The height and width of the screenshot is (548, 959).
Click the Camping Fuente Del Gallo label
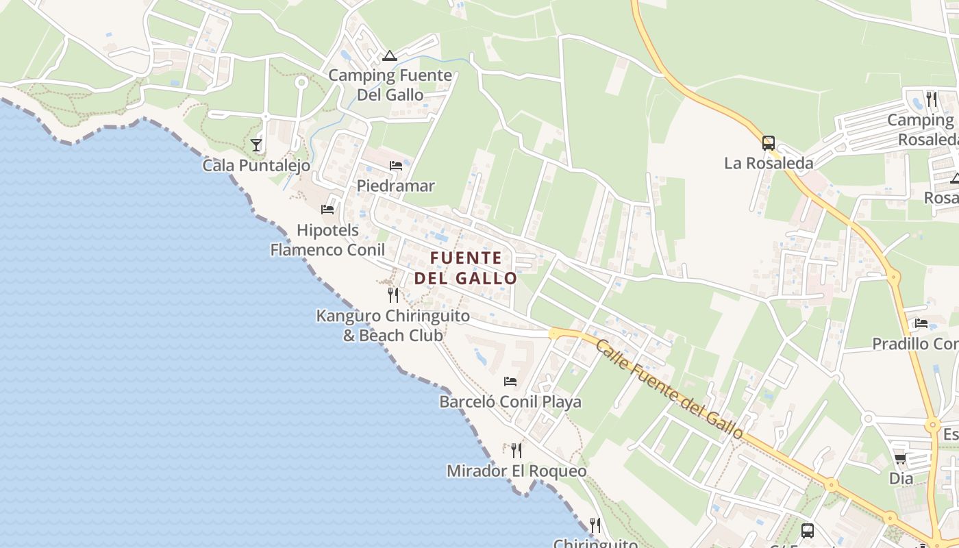pos(390,85)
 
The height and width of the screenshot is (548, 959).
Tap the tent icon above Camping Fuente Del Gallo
pos(390,55)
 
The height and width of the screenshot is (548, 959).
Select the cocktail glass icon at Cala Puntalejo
pos(256,145)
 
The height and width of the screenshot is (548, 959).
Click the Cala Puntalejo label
pos(256,165)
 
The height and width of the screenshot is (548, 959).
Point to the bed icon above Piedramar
pos(396,165)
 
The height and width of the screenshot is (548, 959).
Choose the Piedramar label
pos(396,186)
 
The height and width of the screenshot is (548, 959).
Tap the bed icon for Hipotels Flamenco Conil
pos(327,209)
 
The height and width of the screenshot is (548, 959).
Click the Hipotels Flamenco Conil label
pos(327,240)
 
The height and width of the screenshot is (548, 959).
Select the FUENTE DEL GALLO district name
pos(466,268)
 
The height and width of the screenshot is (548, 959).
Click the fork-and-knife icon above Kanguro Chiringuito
pos(393,295)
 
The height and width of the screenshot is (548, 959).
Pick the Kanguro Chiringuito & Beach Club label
pos(393,325)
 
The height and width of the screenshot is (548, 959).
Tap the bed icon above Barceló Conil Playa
pos(510,381)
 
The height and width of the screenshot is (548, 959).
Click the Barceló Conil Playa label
pos(510,401)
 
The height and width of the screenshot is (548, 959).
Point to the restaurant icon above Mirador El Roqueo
pos(516,450)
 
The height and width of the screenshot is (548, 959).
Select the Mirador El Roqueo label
pos(516,471)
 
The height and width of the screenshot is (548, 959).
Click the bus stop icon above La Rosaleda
pos(769,142)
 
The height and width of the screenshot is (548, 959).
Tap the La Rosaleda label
pos(769,163)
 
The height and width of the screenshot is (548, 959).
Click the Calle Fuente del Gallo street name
pos(669,389)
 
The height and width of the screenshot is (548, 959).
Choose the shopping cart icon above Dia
pos(901,458)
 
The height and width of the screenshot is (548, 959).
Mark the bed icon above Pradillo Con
pos(921,323)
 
